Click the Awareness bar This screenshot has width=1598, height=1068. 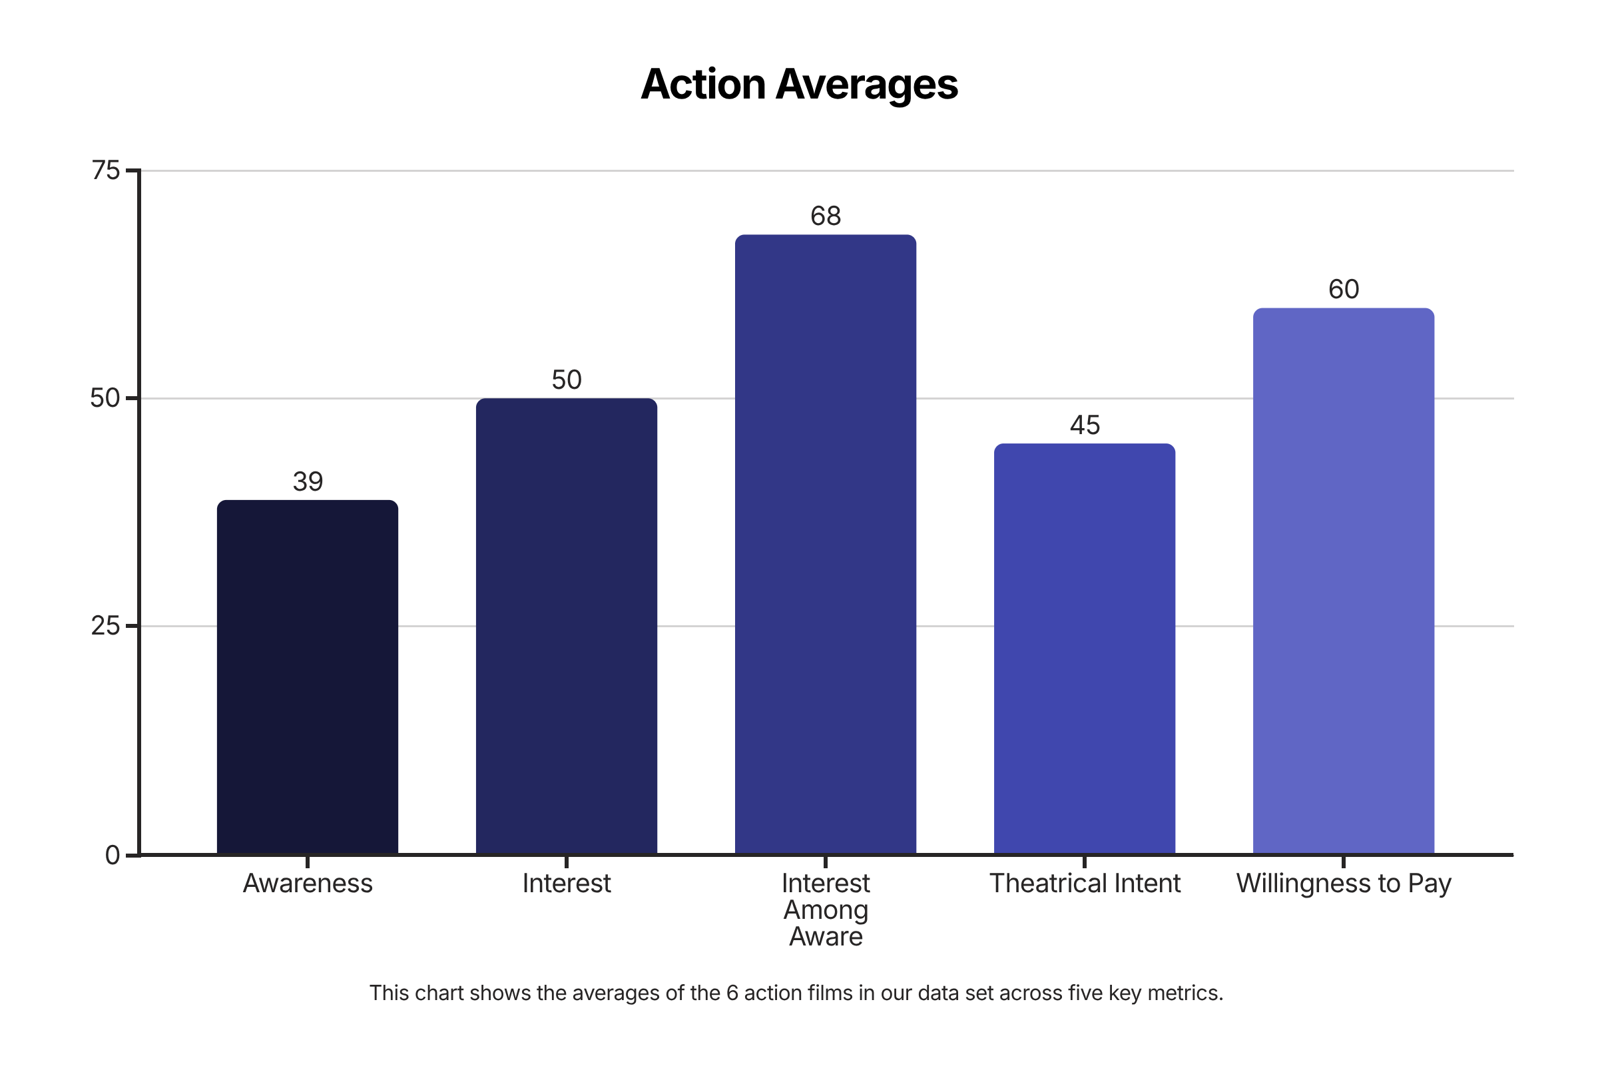coord(307,677)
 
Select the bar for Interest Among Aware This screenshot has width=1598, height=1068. coord(825,544)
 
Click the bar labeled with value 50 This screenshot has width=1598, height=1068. coord(566,626)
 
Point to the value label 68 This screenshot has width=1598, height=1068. coord(825,216)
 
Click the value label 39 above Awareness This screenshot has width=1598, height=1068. coord(307,481)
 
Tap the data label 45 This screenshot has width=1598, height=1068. coord(1085,425)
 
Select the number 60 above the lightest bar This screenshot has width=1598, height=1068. coord(1343,290)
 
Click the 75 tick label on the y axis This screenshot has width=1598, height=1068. coord(106,170)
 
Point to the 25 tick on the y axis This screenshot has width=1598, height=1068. coord(106,625)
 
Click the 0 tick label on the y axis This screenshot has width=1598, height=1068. coord(113,855)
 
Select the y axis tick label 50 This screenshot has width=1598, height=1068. coord(106,398)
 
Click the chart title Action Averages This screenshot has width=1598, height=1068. coord(799,84)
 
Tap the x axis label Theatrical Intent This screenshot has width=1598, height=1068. coord(1085,884)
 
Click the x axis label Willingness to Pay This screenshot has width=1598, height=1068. coord(1343,884)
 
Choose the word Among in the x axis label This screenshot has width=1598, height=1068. coord(825,910)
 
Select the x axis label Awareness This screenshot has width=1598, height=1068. coord(307,884)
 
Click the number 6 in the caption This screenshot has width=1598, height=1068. coord(732,993)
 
